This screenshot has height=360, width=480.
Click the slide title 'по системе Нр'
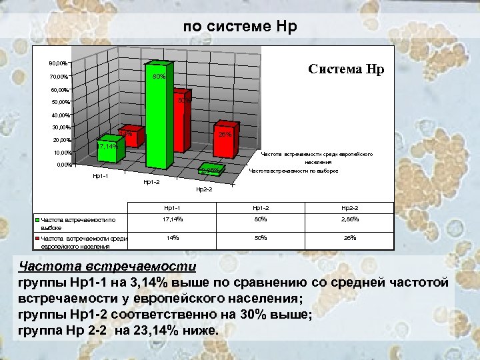240,27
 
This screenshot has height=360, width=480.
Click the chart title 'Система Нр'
345,69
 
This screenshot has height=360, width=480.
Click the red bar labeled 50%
181,127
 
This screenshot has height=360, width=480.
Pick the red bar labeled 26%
225,141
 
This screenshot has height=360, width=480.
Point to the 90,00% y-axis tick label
58,63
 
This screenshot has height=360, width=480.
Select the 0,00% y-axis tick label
64,165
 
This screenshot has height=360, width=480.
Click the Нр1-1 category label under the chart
100,176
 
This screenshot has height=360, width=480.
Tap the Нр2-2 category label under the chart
203,190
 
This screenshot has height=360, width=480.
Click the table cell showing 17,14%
173,219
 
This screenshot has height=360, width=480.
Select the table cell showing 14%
173,237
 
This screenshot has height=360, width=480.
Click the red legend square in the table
38,237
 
